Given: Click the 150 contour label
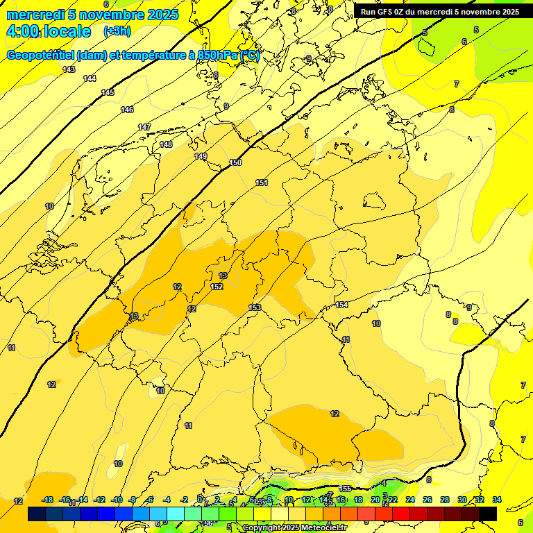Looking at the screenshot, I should pyautogui.click(x=236, y=162).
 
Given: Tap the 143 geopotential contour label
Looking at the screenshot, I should pyautogui.click(x=69, y=69).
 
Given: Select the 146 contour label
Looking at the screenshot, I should pyautogui.click(x=127, y=110).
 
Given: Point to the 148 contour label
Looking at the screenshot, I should pyautogui.click(x=166, y=144).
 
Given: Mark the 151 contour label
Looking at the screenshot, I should pyautogui.click(x=262, y=183).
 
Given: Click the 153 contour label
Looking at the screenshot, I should pyautogui.click(x=255, y=307).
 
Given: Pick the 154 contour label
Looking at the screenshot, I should pyautogui.click(x=341, y=305).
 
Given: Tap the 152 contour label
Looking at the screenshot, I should pyautogui.click(x=217, y=287).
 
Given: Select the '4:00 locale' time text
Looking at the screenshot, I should pyautogui.click(x=49, y=31).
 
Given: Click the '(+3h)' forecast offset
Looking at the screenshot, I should pyautogui.click(x=117, y=31).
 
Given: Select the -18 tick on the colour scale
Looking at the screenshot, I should pyautogui.click(x=47, y=500).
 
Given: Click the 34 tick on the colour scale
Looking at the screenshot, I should pyautogui.click(x=497, y=500).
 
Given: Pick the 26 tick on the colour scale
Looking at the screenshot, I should pyautogui.click(x=428, y=500).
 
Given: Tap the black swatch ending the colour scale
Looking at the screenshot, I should pyautogui.click(x=488, y=514).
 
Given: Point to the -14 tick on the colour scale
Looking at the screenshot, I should pyautogui.click(x=82, y=500).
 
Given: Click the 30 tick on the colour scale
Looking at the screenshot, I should pyautogui.click(x=462, y=500).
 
